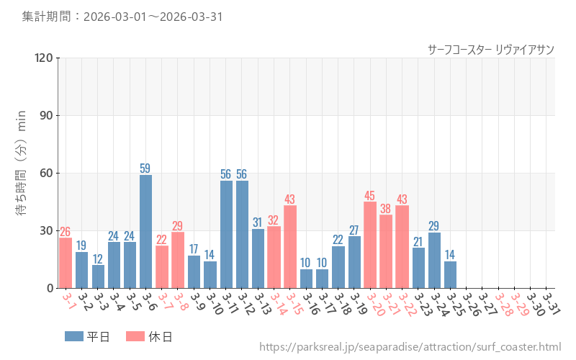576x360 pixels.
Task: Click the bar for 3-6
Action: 145,231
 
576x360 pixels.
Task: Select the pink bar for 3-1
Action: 66,263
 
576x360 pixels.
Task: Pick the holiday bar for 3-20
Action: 370,245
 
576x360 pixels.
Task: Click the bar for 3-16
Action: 306,279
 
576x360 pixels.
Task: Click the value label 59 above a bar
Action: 145,168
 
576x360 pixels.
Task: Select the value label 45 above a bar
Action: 370,195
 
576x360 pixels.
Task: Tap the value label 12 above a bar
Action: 98,258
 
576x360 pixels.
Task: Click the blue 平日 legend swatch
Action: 74,336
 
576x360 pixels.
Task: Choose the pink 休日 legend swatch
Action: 135,336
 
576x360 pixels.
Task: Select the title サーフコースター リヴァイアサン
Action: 490,49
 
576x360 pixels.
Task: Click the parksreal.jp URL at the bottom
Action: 410,348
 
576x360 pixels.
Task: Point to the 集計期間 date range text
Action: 122,16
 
